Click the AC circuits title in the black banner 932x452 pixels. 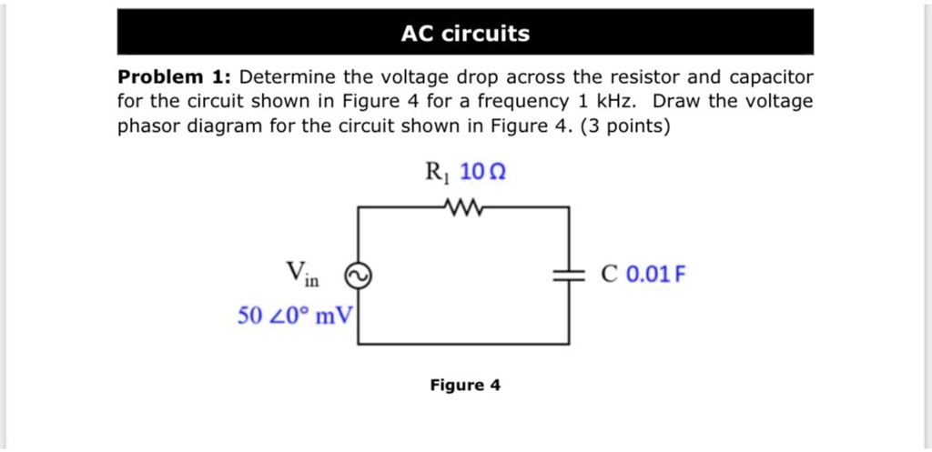pyautogui.click(x=465, y=35)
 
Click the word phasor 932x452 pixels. pyautogui.click(x=149, y=126)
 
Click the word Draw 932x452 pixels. pyautogui.click(x=675, y=102)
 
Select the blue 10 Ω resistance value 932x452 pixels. pyautogui.click(x=481, y=172)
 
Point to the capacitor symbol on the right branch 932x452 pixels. pyautogui.click(x=569, y=276)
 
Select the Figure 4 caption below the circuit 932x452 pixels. pyautogui.click(x=465, y=385)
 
